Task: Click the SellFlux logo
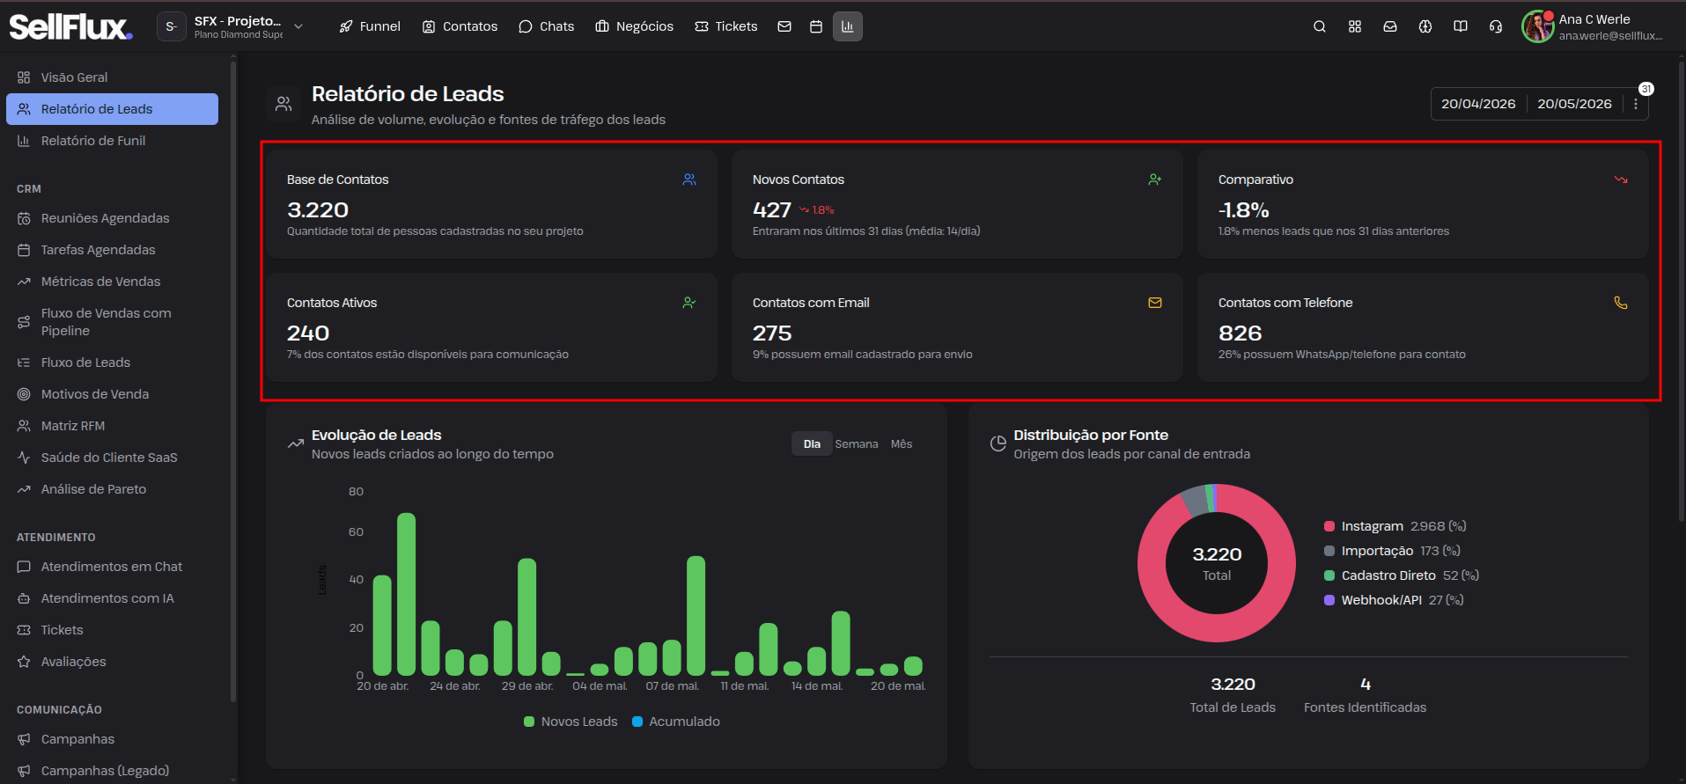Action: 70,26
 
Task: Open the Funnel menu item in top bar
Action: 370,26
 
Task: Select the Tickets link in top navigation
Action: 726,26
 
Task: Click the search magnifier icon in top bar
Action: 1320,26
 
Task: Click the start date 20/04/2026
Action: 1478,104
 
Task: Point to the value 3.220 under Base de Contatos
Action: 318,210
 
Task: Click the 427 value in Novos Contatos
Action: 772,210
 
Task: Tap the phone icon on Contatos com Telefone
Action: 1621,303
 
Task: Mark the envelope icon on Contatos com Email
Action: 1155,303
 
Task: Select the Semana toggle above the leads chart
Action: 857,444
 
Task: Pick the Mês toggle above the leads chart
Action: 902,444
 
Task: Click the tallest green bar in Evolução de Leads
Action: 406,594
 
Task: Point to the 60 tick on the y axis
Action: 356,532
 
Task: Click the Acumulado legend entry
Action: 676,722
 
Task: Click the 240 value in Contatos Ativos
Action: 308,333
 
